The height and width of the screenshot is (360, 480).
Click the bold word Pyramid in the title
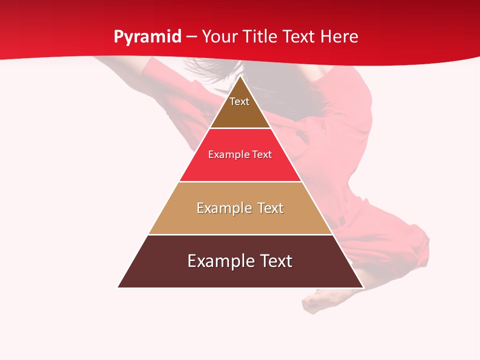[147, 37]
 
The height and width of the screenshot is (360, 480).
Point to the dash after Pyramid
[191, 37]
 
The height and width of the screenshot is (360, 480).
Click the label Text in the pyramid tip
[239, 101]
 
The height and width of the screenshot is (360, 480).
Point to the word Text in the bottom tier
[275, 261]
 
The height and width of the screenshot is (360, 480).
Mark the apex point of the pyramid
[240, 76]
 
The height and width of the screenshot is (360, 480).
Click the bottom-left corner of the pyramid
[118, 287]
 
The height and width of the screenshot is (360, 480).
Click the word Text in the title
[299, 37]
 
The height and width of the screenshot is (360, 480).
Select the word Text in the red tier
[262, 154]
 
